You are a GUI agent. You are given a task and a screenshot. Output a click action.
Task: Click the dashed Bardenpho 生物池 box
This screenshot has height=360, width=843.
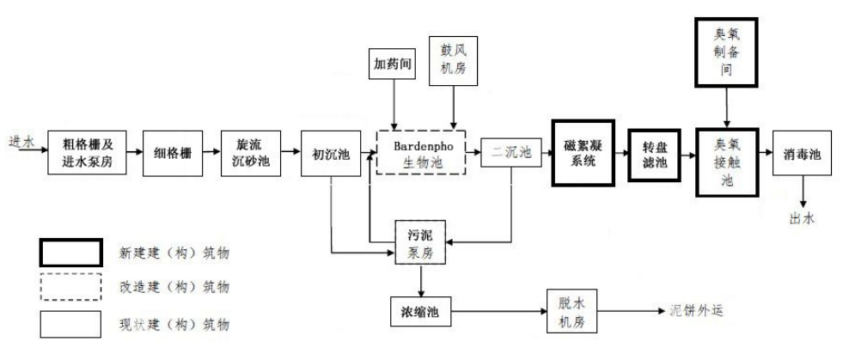click(x=421, y=152)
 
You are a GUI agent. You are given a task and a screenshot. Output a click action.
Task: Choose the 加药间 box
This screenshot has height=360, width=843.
click(x=393, y=64)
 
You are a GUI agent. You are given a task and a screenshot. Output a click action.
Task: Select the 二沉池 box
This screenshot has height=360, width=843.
click(x=511, y=153)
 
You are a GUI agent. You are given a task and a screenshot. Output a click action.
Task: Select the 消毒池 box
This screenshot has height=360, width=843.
click(x=802, y=154)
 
